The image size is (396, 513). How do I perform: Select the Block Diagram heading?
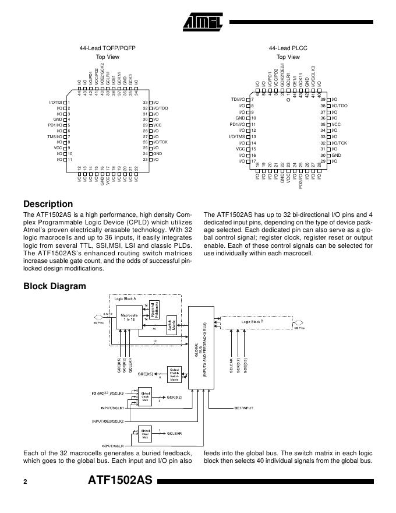54,286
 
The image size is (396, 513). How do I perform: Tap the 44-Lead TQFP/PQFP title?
108,48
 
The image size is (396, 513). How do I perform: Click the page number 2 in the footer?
25,482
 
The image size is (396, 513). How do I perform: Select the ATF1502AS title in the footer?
119,482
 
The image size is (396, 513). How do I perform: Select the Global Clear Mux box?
146,434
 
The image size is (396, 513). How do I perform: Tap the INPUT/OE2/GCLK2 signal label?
108,421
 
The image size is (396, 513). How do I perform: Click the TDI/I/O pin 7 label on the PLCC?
237,100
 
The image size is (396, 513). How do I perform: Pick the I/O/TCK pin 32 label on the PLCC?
339,142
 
